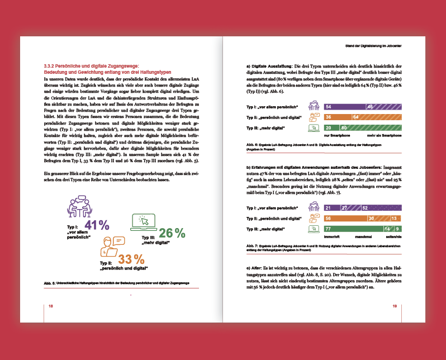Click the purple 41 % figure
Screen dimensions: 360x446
coord(96,225)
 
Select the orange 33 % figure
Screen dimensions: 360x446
coord(131,259)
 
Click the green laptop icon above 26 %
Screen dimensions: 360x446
coord(143,222)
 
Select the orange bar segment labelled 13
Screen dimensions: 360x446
coord(394,218)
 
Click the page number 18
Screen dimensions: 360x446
coord(50,306)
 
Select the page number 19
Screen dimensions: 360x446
coord(395,306)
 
